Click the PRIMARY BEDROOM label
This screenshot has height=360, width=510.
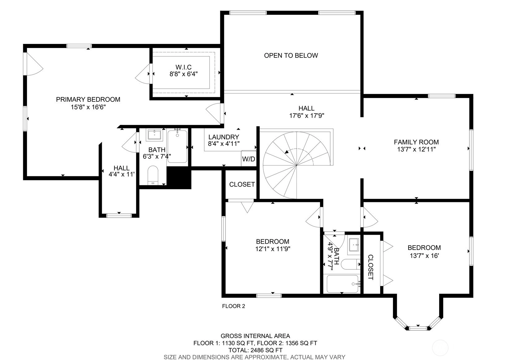[88, 100]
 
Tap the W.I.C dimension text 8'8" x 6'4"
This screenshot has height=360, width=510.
[184, 74]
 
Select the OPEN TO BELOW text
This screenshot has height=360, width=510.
[291, 56]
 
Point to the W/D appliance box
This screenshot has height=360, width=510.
[249, 158]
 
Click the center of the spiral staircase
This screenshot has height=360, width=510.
[296, 165]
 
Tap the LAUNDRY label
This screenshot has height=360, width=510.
[223, 137]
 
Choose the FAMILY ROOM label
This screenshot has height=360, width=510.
[416, 142]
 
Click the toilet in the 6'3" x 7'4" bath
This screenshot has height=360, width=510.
[153, 175]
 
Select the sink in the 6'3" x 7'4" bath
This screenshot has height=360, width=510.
[155, 135]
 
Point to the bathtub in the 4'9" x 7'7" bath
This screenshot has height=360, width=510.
[343, 284]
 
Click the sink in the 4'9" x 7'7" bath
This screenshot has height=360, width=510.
[354, 245]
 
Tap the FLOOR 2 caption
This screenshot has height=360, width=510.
[234, 306]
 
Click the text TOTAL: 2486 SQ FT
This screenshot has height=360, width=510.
[255, 350]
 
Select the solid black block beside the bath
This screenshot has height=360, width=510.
[179, 178]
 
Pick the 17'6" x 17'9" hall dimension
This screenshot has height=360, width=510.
[306, 116]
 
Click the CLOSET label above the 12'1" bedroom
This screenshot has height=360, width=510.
[242, 184]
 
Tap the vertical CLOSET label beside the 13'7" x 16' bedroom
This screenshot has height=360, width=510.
[370, 268]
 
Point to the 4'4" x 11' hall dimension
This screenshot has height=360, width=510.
[122, 174]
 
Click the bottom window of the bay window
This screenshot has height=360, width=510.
[418, 328]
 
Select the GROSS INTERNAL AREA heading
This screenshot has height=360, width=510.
[255, 336]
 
